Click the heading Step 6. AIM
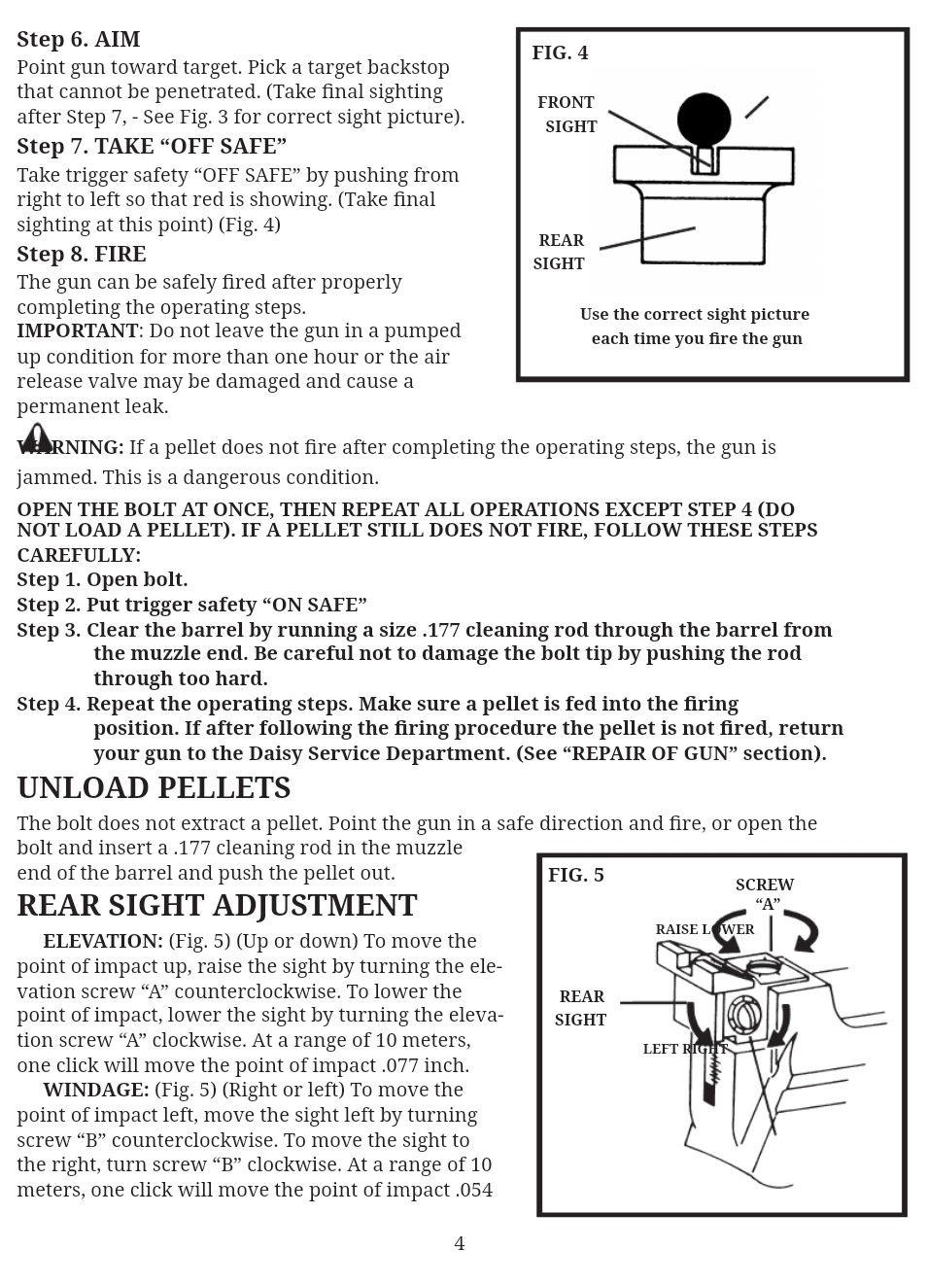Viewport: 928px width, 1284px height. click(x=79, y=39)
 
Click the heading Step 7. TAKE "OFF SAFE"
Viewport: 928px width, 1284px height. click(x=152, y=147)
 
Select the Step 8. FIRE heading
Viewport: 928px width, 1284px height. click(x=82, y=255)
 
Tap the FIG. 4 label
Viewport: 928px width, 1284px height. click(x=560, y=53)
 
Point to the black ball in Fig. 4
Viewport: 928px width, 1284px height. click(x=704, y=120)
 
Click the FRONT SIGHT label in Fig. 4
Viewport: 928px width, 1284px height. click(x=567, y=115)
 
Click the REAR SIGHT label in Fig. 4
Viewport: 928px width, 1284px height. click(x=560, y=252)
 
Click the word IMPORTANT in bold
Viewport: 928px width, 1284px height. click(x=78, y=331)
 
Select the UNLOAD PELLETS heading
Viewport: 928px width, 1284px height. click(x=154, y=787)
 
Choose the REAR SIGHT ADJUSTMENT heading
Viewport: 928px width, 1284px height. click(x=217, y=906)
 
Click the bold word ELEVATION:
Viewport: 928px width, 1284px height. click(x=103, y=942)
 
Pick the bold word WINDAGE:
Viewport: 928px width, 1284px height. click(x=96, y=1091)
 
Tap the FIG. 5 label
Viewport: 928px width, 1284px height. click(x=576, y=875)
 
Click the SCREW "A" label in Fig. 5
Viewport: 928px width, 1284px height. click(x=765, y=894)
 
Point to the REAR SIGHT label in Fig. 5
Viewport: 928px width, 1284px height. click(x=581, y=1008)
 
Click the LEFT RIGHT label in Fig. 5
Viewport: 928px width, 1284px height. click(x=685, y=1049)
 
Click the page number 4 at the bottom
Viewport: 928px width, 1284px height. click(x=460, y=1244)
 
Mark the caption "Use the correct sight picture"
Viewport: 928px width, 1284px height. click(x=695, y=315)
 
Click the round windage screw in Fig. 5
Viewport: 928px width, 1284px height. click(x=744, y=1016)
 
